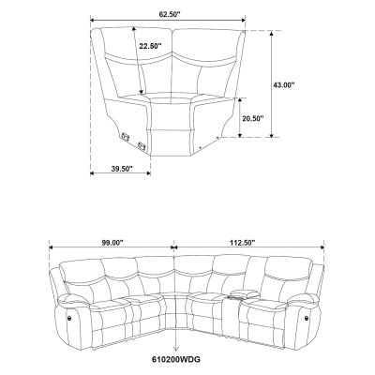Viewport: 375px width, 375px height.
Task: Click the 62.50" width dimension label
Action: (x=168, y=14)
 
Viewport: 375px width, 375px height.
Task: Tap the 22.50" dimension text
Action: (x=150, y=46)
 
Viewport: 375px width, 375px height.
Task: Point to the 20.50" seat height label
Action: (x=253, y=118)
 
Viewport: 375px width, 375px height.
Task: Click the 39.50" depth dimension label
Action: (x=122, y=169)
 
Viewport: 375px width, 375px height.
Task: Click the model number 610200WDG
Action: (x=176, y=360)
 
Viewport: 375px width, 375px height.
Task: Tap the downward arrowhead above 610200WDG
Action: (x=176, y=348)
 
